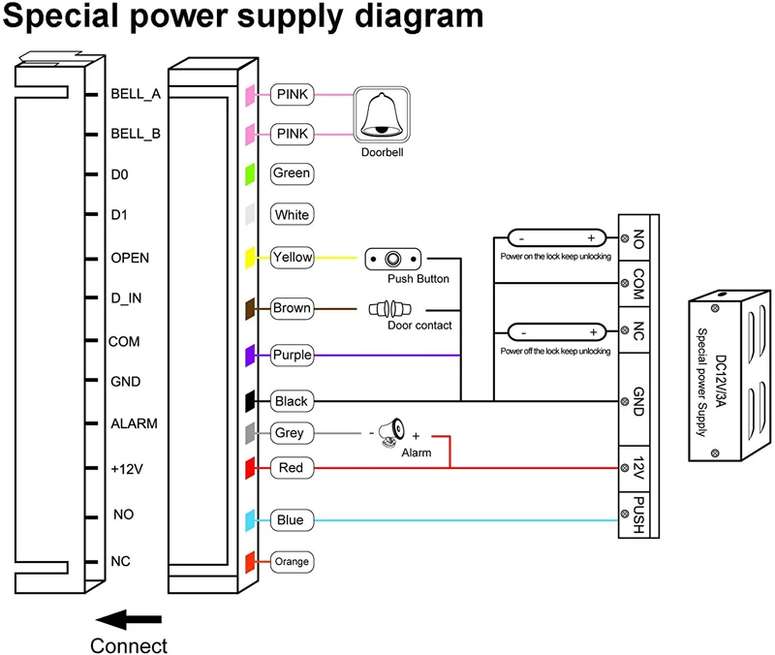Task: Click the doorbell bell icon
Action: click(381, 114)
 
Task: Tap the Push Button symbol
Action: click(393, 259)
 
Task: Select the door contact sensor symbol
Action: click(390, 309)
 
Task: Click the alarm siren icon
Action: click(392, 432)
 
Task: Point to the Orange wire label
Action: click(292, 562)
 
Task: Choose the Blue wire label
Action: click(292, 520)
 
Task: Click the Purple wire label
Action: click(292, 355)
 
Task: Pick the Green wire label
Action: click(292, 173)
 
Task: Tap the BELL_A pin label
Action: click(136, 94)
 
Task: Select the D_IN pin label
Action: click(126, 298)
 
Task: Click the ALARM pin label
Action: click(134, 423)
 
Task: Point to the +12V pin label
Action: click(127, 469)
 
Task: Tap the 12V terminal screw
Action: click(625, 468)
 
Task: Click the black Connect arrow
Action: click(129, 619)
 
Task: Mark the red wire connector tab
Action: click(250, 468)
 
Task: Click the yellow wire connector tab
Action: click(250, 258)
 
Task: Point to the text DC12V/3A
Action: click(720, 381)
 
